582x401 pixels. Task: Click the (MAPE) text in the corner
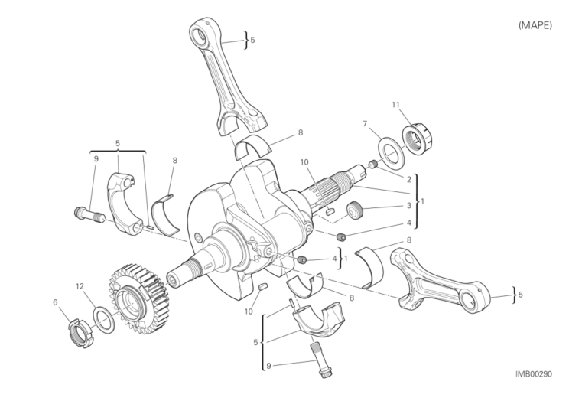pyautogui.click(x=535, y=25)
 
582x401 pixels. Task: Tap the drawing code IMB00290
pyautogui.click(x=533, y=373)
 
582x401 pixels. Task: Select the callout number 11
pyautogui.click(x=395, y=105)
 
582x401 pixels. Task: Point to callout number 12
pyautogui.click(x=80, y=286)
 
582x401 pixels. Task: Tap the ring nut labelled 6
pyautogui.click(x=81, y=333)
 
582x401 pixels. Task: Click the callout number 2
pyautogui.click(x=408, y=180)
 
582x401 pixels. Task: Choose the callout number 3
pyautogui.click(x=408, y=205)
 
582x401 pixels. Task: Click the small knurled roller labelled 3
pyautogui.click(x=356, y=210)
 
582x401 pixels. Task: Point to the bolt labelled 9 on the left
pyautogui.click(x=89, y=215)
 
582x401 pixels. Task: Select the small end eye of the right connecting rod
pyautogui.click(x=473, y=296)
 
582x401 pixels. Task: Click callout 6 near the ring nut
pyautogui.click(x=55, y=302)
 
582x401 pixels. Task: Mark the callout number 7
pyautogui.click(x=365, y=124)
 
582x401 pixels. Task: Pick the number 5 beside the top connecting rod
pyautogui.click(x=253, y=40)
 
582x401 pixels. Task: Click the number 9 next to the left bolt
pyautogui.click(x=96, y=159)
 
